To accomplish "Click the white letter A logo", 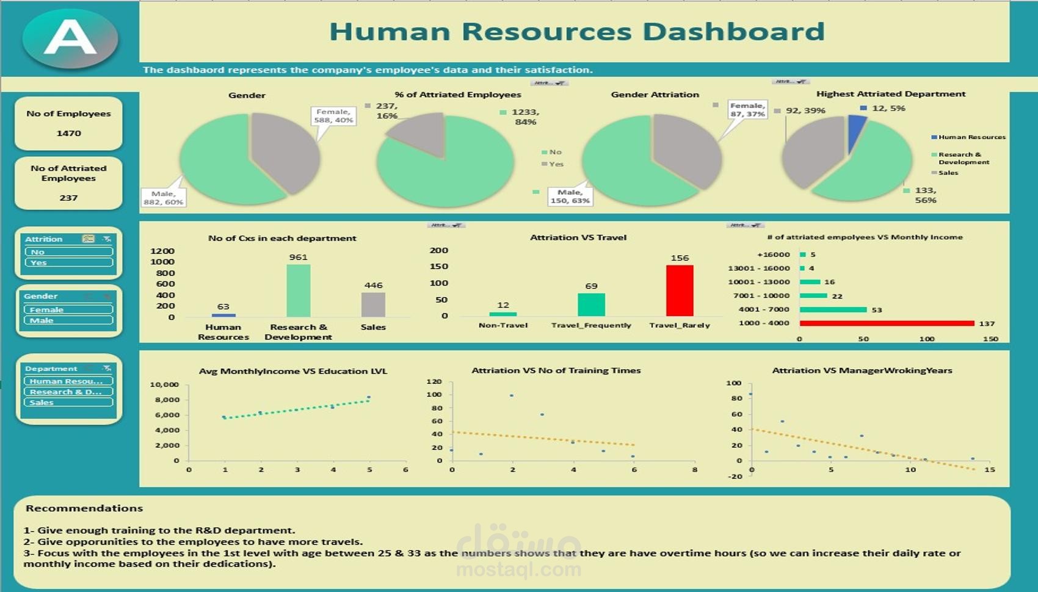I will (x=70, y=37).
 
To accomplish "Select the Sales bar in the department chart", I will (x=373, y=305).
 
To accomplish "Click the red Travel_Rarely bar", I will (x=680, y=291).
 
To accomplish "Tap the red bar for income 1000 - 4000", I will (x=887, y=323).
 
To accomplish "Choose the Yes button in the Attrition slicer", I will (x=68, y=263).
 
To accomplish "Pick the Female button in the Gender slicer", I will (x=68, y=309).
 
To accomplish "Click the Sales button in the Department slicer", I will (x=68, y=403).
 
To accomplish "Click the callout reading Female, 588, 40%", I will (x=333, y=116).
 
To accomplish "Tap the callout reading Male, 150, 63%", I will (x=570, y=197).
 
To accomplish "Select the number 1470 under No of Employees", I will (x=68, y=133).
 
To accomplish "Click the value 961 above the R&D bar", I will (x=298, y=257).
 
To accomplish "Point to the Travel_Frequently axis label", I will (x=591, y=325).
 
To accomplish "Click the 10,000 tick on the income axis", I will (x=164, y=384).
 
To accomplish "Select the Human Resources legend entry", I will (x=971, y=137).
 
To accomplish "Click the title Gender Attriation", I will (x=655, y=95).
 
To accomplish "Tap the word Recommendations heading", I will (x=84, y=508).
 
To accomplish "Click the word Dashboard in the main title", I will (x=733, y=32).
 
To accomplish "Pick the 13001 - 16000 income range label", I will (x=759, y=269).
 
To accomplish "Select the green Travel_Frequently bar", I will (x=591, y=305).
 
